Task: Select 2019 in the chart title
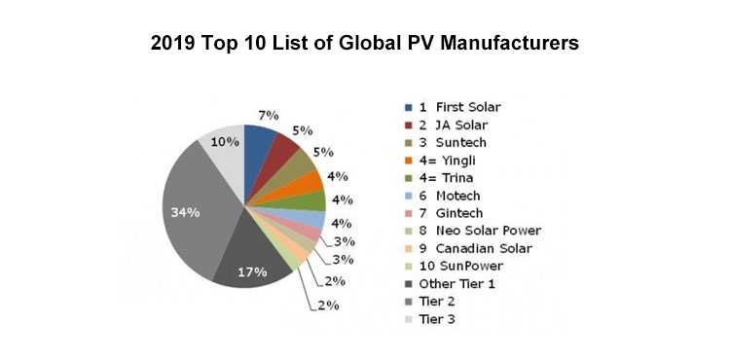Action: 175,44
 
